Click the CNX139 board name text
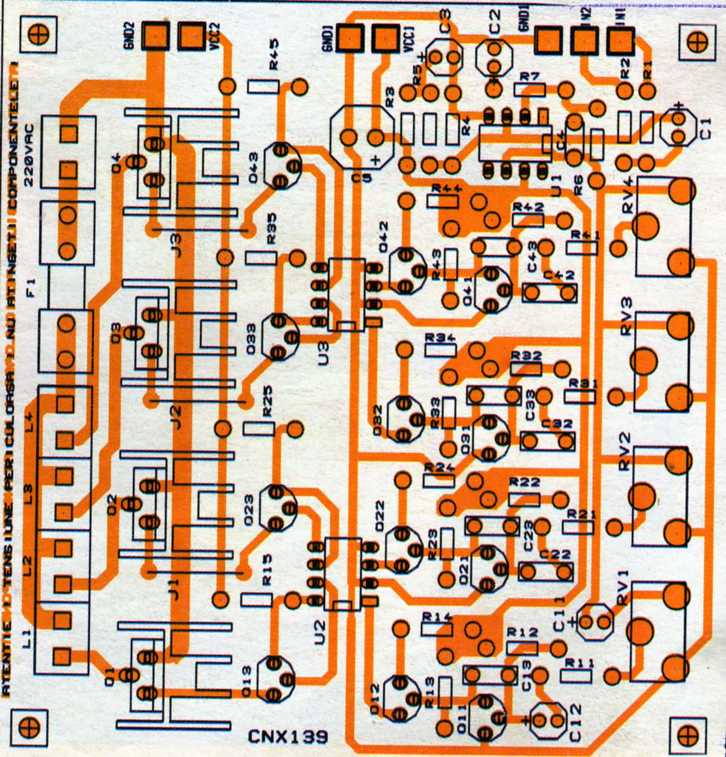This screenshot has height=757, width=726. tap(288, 737)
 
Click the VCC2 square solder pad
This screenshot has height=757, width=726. tap(191, 36)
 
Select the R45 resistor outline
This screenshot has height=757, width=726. tap(263, 87)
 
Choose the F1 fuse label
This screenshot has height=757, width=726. tap(31, 294)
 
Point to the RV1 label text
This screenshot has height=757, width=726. tap(623, 595)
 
